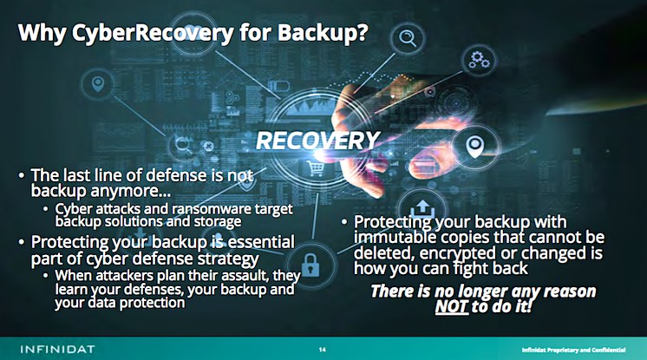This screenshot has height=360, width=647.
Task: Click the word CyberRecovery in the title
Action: [x=153, y=33]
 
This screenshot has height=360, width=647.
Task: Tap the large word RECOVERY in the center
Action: [x=317, y=141]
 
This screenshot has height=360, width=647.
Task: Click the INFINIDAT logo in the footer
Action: [x=57, y=350]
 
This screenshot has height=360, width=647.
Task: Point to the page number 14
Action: [x=323, y=350]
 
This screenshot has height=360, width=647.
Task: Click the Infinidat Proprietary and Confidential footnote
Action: [x=573, y=350]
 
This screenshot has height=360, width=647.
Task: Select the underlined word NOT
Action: [x=451, y=306]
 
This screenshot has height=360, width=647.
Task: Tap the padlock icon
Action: [x=310, y=265]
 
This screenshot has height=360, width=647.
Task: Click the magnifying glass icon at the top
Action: [x=408, y=38]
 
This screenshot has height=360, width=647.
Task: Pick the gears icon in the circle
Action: [x=479, y=60]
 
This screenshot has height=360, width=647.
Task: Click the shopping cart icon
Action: [x=316, y=167]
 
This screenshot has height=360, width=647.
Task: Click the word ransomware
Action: [x=211, y=209]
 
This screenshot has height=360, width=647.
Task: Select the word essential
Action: [x=261, y=242]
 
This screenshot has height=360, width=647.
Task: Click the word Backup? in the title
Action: [x=323, y=33]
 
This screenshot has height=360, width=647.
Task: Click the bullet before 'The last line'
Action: [x=22, y=175]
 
